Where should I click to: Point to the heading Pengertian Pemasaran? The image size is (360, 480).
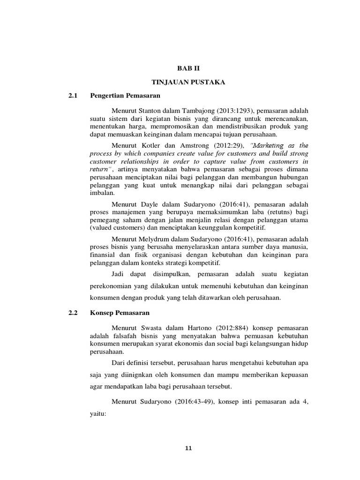(x=125, y=96)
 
